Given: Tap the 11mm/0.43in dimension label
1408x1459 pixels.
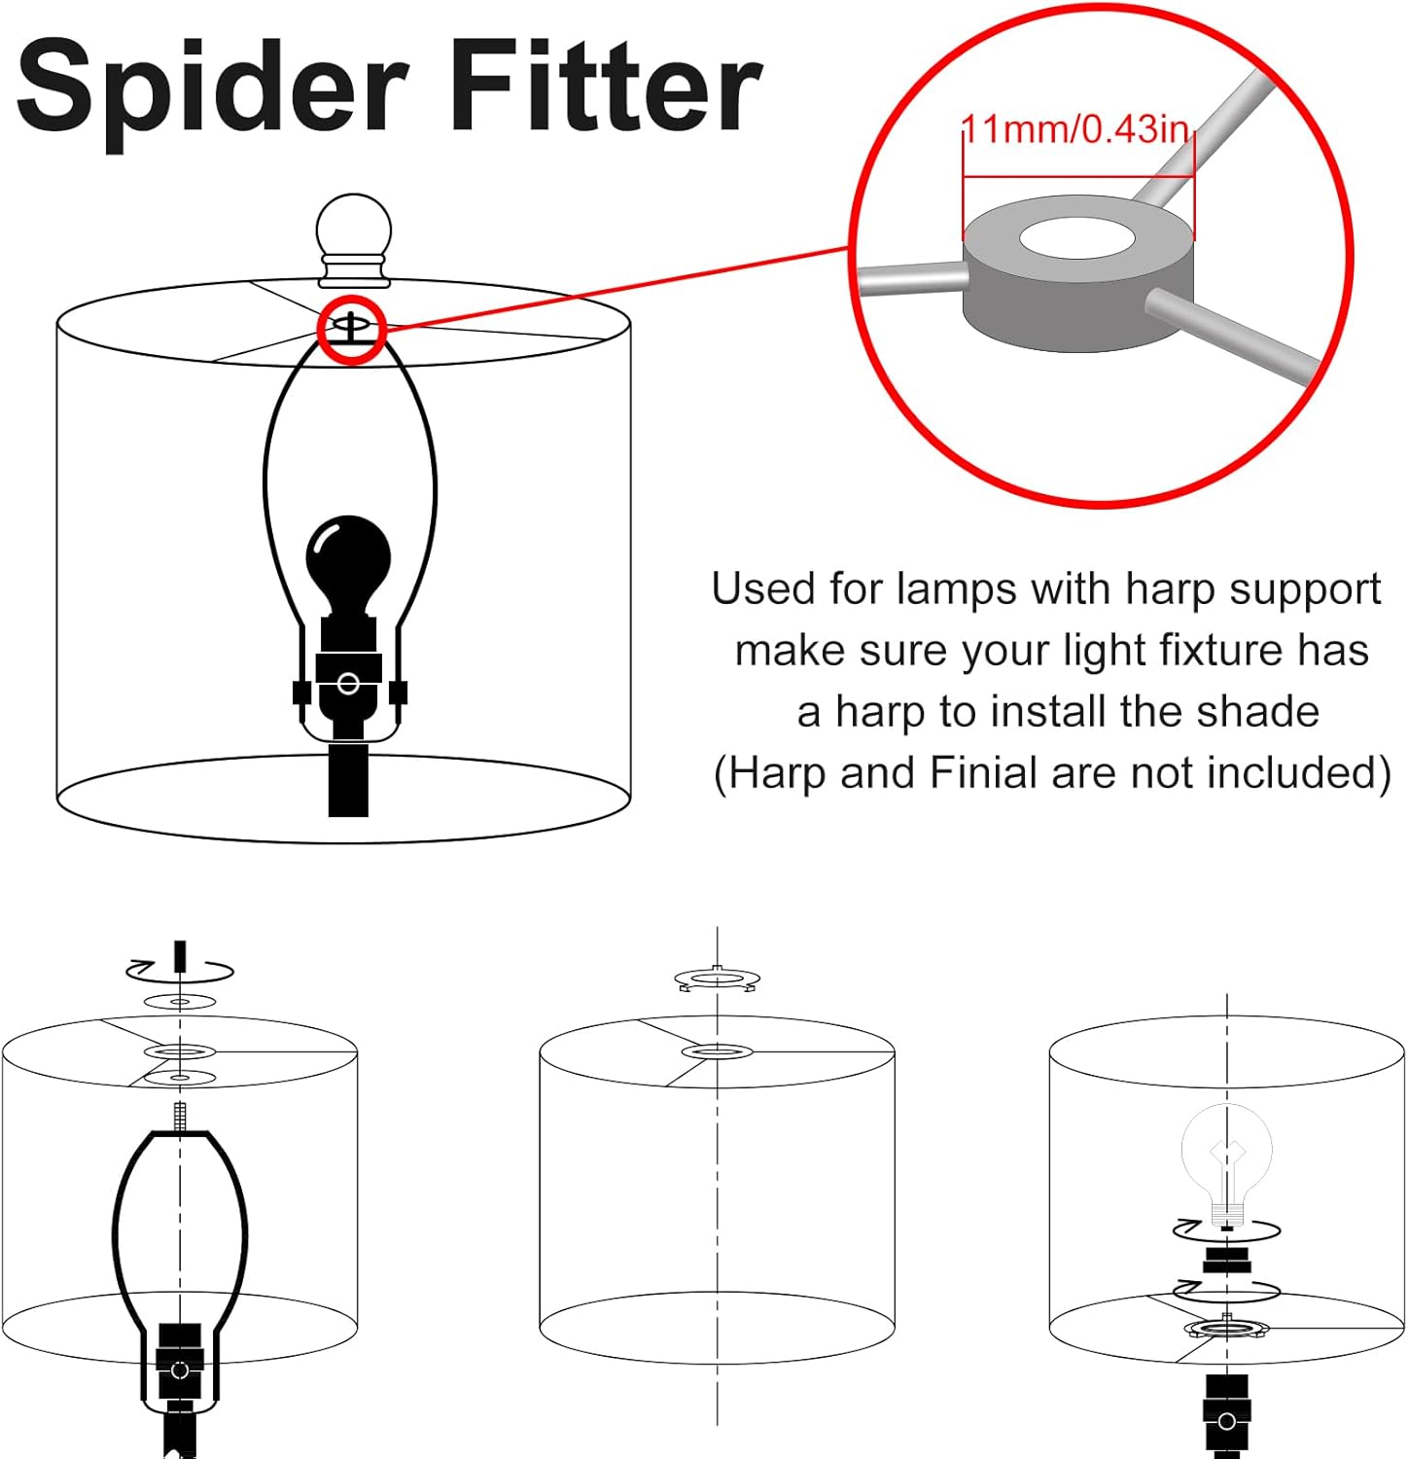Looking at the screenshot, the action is [1075, 129].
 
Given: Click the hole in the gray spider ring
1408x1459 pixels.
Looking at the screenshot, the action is [1078, 239].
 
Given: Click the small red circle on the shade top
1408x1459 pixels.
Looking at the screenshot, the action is [352, 330].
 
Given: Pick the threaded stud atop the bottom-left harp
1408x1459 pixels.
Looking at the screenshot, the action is [180, 1116].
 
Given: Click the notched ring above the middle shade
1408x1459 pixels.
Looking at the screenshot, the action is [717, 979].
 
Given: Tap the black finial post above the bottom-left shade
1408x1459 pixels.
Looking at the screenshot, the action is [180, 955].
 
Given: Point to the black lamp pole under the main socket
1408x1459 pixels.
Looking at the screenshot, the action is [349, 778].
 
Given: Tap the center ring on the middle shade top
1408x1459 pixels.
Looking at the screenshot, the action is [717, 1051].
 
